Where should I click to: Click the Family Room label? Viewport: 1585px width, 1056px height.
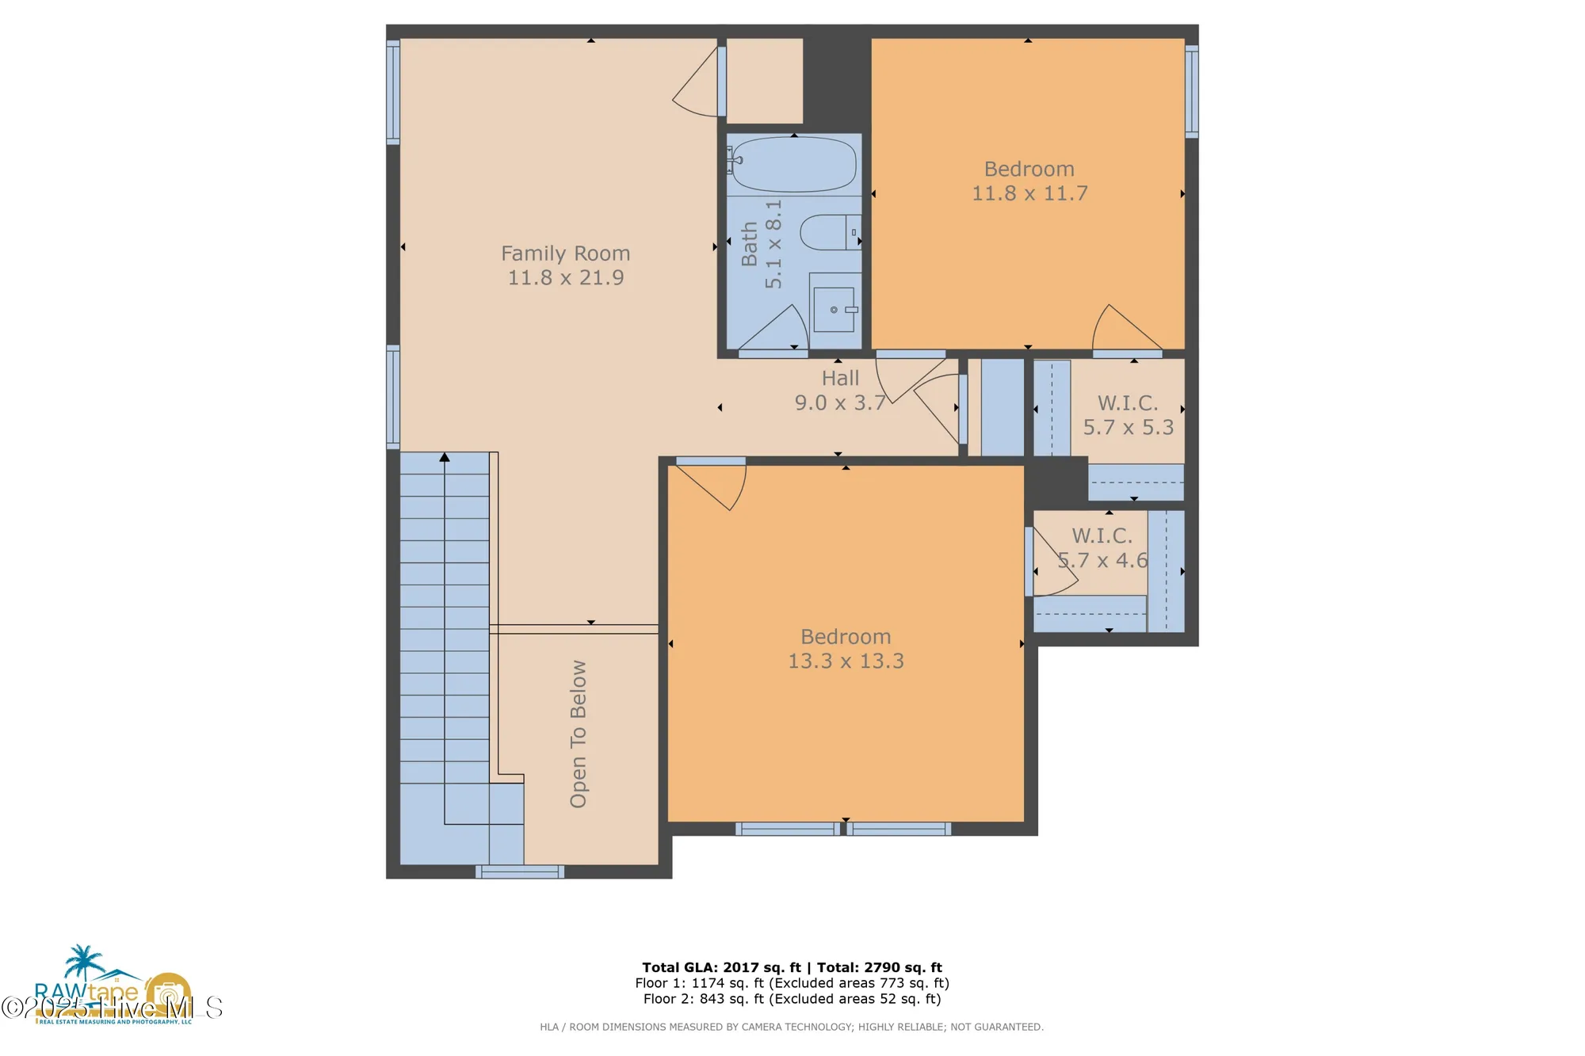(x=565, y=254)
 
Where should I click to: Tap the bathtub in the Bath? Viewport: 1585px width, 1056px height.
(x=793, y=165)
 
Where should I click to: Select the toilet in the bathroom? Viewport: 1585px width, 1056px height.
(x=828, y=232)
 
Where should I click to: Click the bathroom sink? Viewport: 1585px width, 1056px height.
(x=834, y=310)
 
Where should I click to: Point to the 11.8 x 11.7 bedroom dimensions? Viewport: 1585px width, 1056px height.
(x=1029, y=193)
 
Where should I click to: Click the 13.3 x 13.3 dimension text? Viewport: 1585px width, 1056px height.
(x=846, y=661)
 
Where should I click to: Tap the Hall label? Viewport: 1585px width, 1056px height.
(x=840, y=378)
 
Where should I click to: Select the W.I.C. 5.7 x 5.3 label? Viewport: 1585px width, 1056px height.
(x=1128, y=414)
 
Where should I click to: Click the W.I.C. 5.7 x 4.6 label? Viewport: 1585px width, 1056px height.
(x=1102, y=547)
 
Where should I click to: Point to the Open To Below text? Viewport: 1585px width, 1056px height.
(x=579, y=734)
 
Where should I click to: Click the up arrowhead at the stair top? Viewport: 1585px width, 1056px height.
(x=445, y=458)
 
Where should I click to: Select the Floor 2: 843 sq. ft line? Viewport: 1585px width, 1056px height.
(x=792, y=999)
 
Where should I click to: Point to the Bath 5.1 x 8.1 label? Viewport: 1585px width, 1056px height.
(x=761, y=243)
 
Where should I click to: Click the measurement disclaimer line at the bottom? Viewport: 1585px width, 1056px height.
(x=792, y=1027)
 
